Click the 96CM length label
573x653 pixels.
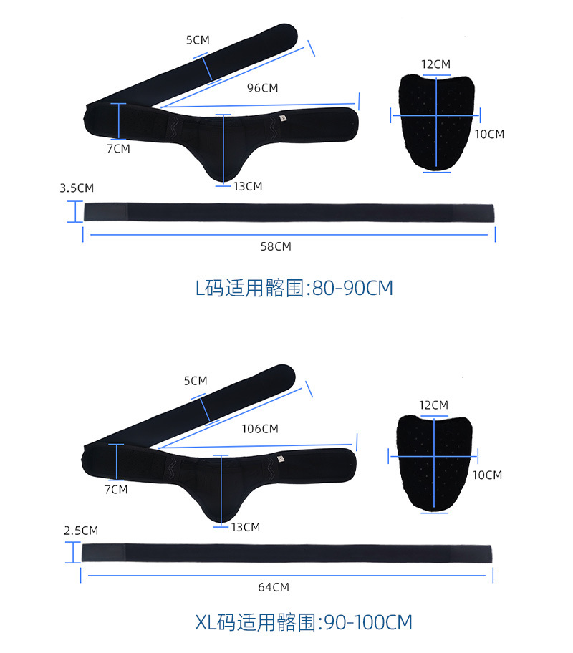pyautogui.click(x=262, y=88)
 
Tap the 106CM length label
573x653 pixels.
pyautogui.click(x=260, y=429)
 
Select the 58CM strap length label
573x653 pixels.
pyautogui.click(x=276, y=246)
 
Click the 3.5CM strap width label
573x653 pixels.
pyautogui.click(x=77, y=188)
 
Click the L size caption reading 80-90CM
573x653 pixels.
pyautogui.click(x=294, y=288)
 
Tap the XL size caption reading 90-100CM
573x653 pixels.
pyautogui.click(x=304, y=621)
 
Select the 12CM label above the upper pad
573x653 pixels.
pyautogui.click(x=435, y=64)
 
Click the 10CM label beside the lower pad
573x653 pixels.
pyautogui.click(x=488, y=475)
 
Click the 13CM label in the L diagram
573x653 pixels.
pyautogui.click(x=248, y=186)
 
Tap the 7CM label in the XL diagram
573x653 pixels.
pyautogui.click(x=116, y=489)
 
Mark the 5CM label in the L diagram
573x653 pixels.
pyautogui.click(x=198, y=40)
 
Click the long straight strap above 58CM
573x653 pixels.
pyautogui.click(x=289, y=213)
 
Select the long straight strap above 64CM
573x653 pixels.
pyautogui.click(x=287, y=553)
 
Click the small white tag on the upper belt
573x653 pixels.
pyautogui.click(x=284, y=117)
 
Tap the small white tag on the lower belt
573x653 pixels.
pyautogui.click(x=282, y=458)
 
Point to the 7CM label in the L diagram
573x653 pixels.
pyautogui.click(x=118, y=148)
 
